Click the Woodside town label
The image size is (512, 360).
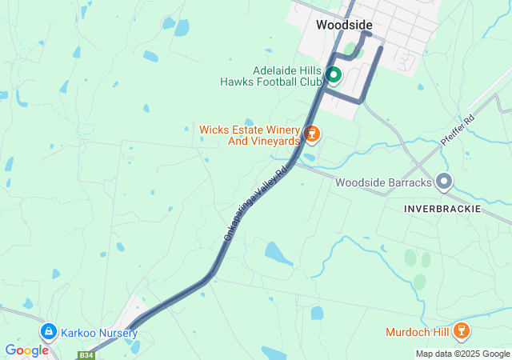[x=344, y=25]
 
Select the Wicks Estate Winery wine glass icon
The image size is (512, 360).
[x=313, y=134]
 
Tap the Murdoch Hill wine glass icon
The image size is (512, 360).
[x=461, y=330]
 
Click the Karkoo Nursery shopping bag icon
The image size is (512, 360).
[x=48, y=331]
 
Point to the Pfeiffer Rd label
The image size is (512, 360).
[x=458, y=129]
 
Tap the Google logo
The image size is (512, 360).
[x=26, y=350]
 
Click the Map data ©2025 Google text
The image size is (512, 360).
[x=462, y=354]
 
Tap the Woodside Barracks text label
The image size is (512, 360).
[x=383, y=182]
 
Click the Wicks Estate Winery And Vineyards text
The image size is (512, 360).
[x=249, y=134]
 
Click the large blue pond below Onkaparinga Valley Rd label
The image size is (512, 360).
[x=278, y=254]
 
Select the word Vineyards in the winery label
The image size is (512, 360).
[x=274, y=141]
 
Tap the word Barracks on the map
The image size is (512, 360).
[x=407, y=182]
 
